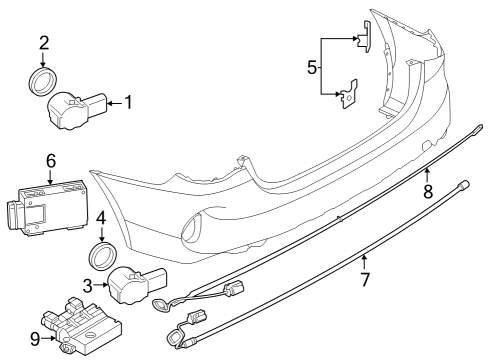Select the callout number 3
(x=87, y=285)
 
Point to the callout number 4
(x=101, y=218)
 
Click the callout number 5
(x=311, y=69)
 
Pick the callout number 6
(x=50, y=160)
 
